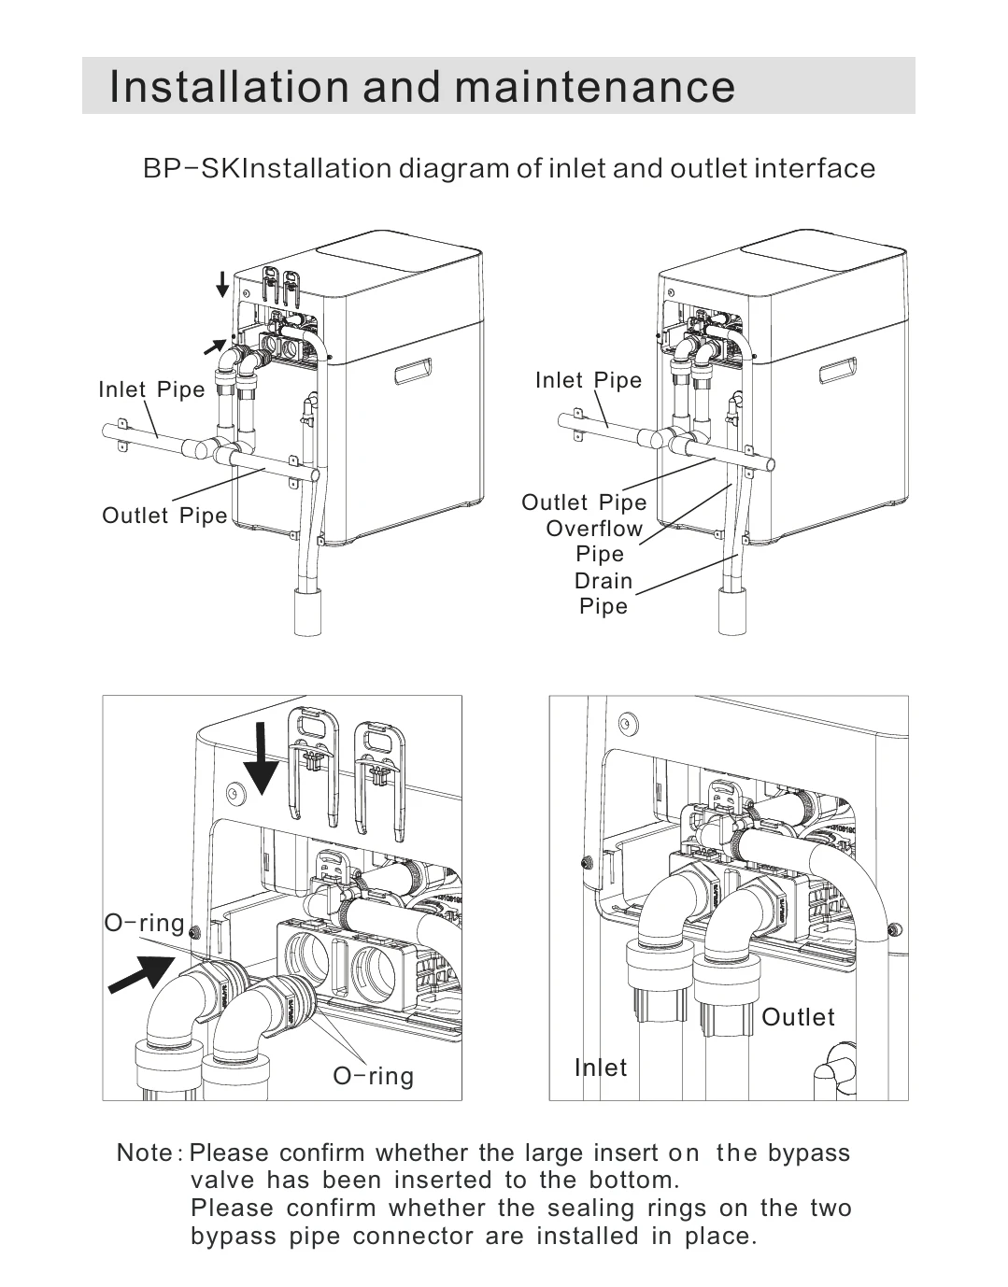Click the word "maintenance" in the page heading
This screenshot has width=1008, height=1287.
click(x=594, y=87)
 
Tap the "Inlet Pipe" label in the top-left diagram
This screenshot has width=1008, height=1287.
click(x=151, y=389)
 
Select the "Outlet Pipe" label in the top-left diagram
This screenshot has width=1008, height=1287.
click(x=164, y=516)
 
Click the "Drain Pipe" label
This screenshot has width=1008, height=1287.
click(x=603, y=593)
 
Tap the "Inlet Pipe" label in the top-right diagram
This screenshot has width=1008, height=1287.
click(x=589, y=380)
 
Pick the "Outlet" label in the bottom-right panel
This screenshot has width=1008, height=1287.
click(x=798, y=1016)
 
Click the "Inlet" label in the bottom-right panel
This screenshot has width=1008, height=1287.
click(x=601, y=1068)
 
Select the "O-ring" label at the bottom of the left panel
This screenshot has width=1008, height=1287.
click(x=373, y=1076)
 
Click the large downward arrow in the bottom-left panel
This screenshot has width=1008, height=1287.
click(x=261, y=759)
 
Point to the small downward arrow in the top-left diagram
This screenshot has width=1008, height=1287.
click(x=222, y=284)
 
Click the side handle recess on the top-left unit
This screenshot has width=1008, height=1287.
click(x=414, y=372)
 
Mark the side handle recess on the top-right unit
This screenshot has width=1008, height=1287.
click(x=838, y=372)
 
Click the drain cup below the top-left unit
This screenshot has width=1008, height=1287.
click(x=308, y=612)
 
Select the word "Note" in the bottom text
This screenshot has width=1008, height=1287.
click(x=144, y=1153)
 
